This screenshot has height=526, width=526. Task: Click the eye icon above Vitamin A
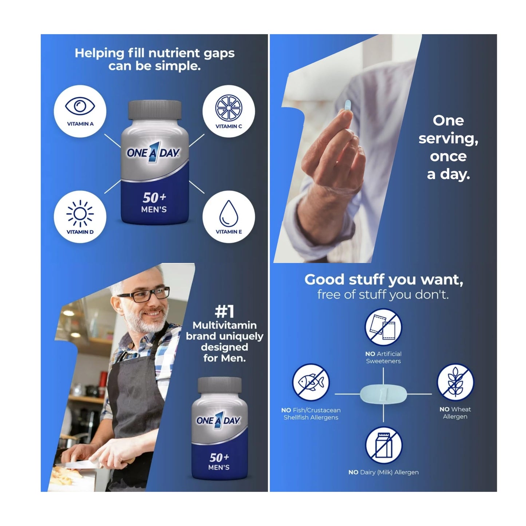[x=80, y=106]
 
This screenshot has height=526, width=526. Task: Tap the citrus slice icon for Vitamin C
[x=229, y=107]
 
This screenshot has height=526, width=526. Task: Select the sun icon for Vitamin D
[x=80, y=213]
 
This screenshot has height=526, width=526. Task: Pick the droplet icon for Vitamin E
[x=229, y=213]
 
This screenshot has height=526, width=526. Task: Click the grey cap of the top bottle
[x=154, y=110]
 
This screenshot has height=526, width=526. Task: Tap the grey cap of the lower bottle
[x=220, y=385]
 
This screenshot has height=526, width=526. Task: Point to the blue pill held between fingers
[x=348, y=105]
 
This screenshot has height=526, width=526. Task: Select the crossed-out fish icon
[x=311, y=382]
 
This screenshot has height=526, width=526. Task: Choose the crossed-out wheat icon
[x=455, y=382]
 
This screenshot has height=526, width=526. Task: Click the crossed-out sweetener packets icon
[x=383, y=327]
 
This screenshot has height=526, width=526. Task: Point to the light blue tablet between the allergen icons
[x=383, y=394]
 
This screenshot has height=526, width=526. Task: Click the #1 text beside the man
[x=224, y=312]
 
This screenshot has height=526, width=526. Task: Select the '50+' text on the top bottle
[x=154, y=198]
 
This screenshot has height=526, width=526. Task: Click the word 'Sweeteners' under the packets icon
[x=383, y=361]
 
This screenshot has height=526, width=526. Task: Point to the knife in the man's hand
[x=76, y=464]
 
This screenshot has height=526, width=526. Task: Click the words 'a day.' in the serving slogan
[x=448, y=174]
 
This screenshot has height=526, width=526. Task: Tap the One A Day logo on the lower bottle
[x=218, y=420]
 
